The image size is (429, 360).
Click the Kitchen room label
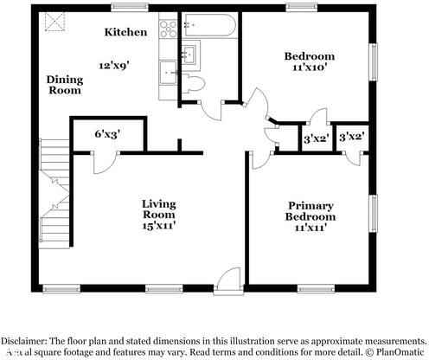[125, 32]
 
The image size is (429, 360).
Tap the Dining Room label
[64, 84]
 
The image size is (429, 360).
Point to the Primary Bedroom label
[311, 212]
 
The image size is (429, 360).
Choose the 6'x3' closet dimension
[108, 133]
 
